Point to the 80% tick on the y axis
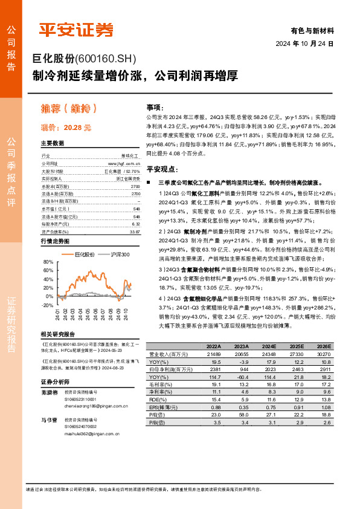pos(48,262)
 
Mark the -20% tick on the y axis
pos(47,305)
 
